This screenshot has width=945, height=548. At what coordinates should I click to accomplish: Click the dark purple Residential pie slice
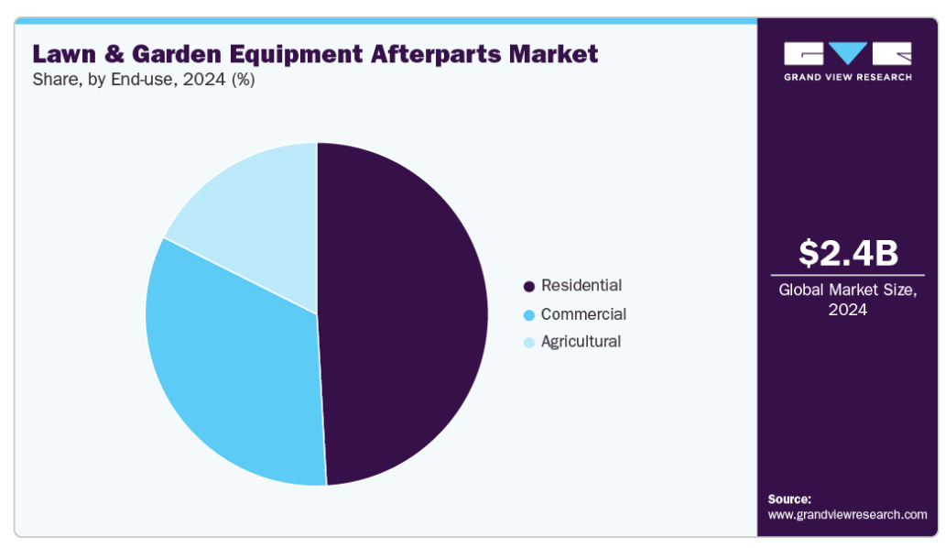403,312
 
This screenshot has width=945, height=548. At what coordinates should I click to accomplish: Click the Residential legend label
581,285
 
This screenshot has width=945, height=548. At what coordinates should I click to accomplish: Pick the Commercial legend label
583,314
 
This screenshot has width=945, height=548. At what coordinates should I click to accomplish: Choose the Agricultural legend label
581,342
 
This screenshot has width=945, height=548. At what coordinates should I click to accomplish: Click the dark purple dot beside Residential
528,287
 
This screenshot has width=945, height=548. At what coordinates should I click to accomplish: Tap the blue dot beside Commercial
528,315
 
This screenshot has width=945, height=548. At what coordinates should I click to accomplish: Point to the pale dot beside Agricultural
528,343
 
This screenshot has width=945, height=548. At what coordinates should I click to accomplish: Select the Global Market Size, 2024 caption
847,300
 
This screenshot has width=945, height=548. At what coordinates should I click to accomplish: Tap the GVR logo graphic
847,53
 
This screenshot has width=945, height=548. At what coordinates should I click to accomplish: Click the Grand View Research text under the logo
847,77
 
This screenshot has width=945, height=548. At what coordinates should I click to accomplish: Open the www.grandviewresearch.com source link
847,515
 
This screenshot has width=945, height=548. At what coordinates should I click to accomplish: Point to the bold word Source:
789,499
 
